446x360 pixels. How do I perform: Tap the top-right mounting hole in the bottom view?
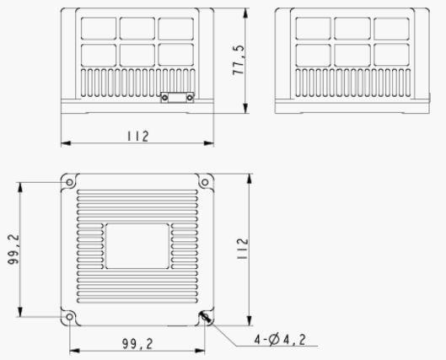click(x=204, y=182)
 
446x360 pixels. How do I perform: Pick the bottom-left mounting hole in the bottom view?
click(x=69, y=317)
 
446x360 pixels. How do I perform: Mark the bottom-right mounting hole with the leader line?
click(x=204, y=317)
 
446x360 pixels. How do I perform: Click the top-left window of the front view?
click(x=98, y=28)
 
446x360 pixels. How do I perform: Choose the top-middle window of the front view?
click(x=137, y=28)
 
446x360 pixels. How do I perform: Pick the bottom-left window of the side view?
click(x=314, y=54)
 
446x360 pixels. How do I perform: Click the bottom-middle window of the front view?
click(x=137, y=54)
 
